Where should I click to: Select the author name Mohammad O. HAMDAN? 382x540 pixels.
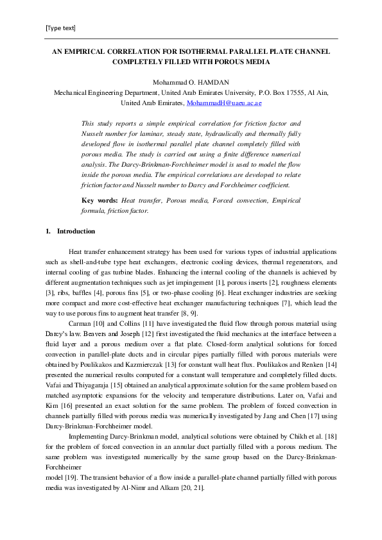coord(191,82)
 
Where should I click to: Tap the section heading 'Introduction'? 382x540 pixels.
coord(76,231)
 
